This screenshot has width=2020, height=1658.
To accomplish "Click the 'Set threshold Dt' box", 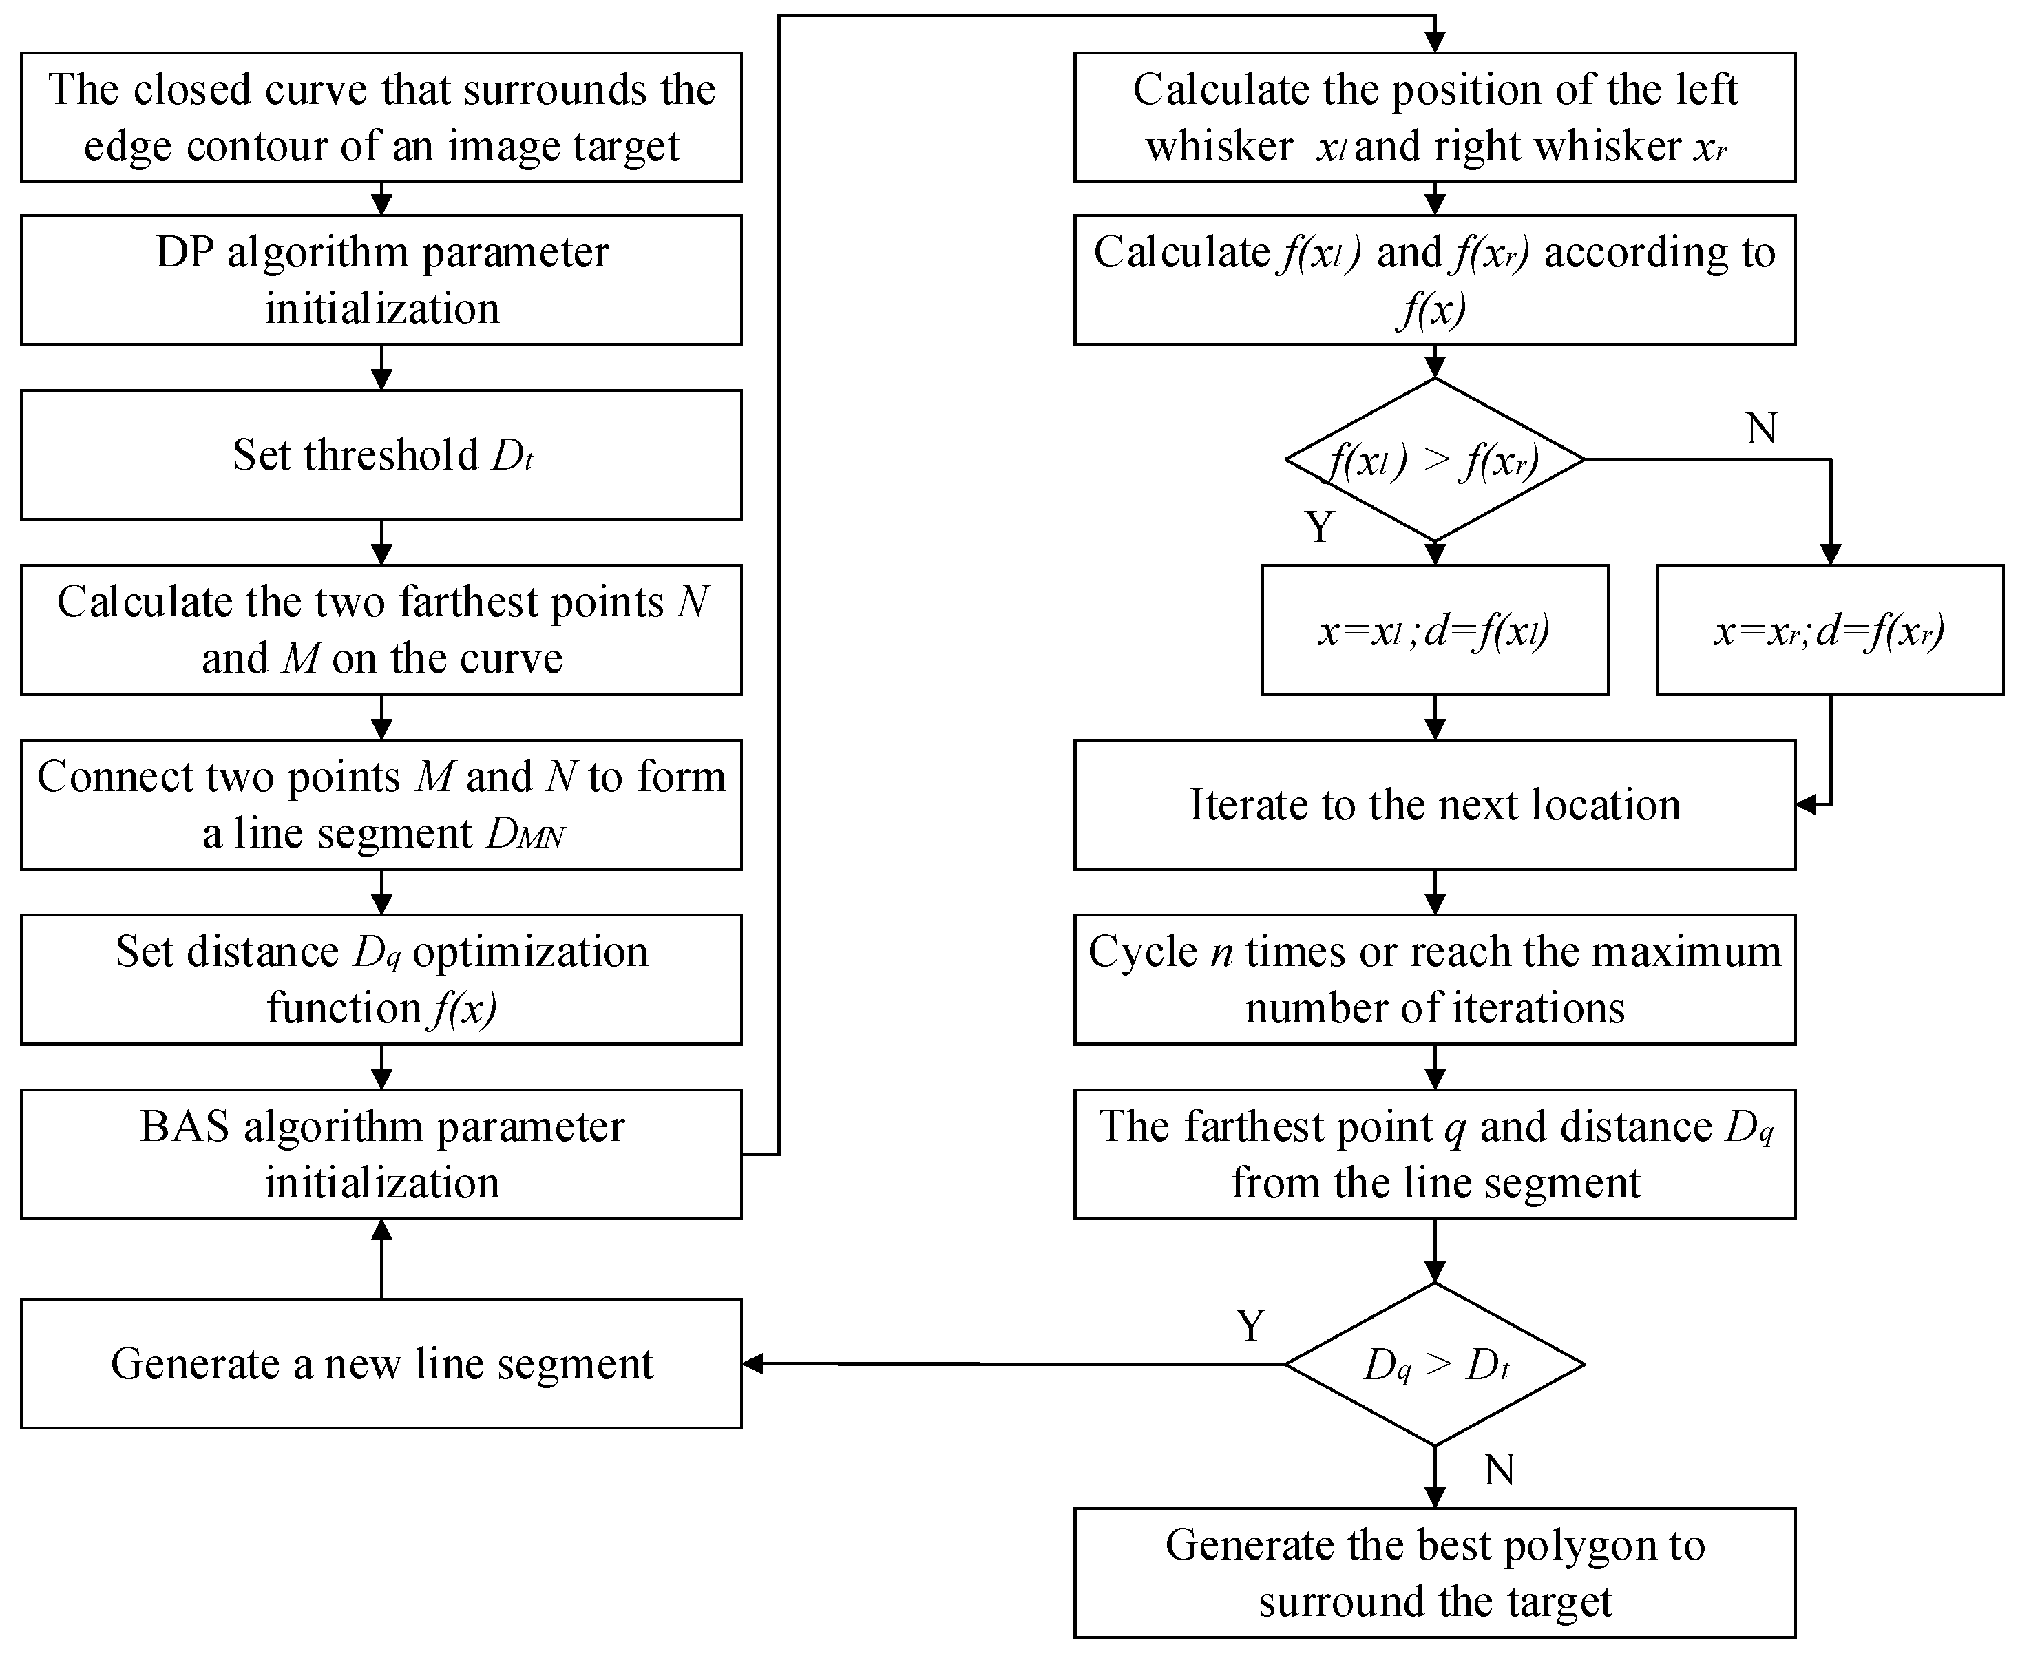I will [x=381, y=454].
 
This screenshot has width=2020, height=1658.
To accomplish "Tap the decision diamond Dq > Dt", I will [x=1435, y=1365].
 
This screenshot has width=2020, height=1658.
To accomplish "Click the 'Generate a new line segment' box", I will [x=381, y=1364].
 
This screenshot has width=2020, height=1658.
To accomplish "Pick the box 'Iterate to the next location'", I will [x=1435, y=805].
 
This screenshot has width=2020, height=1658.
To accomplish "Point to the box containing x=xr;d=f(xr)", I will [x=1829, y=630].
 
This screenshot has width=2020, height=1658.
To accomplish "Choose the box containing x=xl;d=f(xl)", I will [x=1435, y=630].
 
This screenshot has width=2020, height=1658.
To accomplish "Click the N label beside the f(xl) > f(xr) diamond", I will [x=1761, y=429].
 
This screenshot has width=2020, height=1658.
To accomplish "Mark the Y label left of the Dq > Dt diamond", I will [x=1250, y=1325].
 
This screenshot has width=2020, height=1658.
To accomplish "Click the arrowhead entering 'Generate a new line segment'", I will [x=753, y=1365].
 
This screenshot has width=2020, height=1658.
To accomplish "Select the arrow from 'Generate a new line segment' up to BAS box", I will [x=381, y=1259].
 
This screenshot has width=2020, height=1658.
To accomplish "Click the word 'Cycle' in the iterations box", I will [x=1142, y=952].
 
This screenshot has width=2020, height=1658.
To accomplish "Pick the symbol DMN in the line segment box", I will [x=525, y=835].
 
